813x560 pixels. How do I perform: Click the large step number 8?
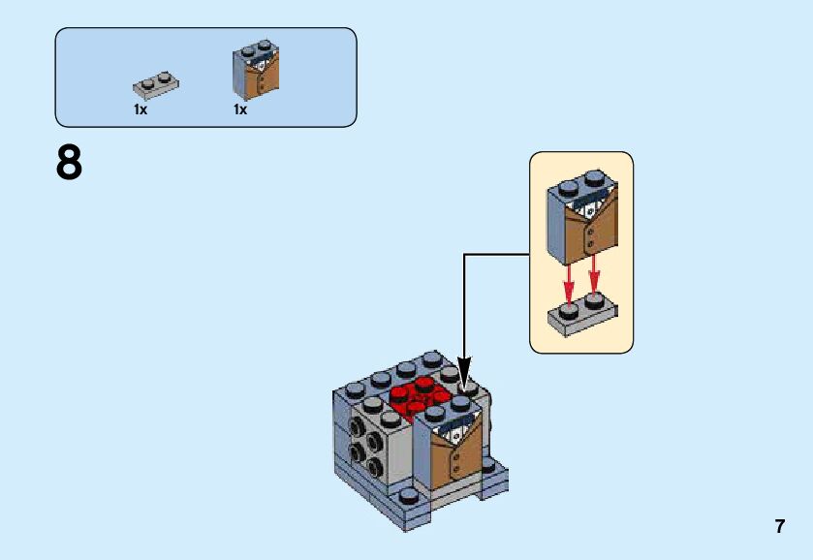click(x=69, y=164)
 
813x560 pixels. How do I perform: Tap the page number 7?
click(x=779, y=526)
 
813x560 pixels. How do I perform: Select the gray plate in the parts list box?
click(x=156, y=86)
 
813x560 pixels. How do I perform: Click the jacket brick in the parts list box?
click(x=256, y=71)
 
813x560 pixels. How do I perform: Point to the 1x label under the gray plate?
click(x=141, y=109)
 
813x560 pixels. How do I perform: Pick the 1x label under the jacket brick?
click(x=240, y=109)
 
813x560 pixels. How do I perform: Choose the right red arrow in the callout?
click(x=594, y=276)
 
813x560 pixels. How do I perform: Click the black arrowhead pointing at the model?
click(x=464, y=373)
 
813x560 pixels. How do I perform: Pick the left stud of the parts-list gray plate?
click(x=148, y=81)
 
